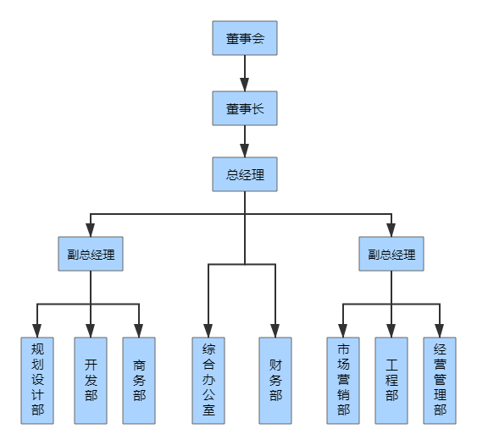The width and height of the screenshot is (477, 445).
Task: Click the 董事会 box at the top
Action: click(x=245, y=39)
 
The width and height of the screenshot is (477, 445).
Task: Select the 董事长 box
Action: click(x=245, y=108)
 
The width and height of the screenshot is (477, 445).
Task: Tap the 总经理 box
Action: click(x=245, y=175)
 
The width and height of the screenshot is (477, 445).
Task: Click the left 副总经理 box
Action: click(x=91, y=254)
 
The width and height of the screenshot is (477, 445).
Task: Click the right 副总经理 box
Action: click(x=391, y=254)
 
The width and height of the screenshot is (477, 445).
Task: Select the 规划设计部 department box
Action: click(x=37, y=381)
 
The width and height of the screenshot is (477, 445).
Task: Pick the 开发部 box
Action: click(x=91, y=381)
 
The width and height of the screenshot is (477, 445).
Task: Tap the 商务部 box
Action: click(x=139, y=381)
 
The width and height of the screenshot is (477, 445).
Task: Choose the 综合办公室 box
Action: click(x=208, y=381)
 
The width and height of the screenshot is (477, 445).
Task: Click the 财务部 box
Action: click(x=275, y=381)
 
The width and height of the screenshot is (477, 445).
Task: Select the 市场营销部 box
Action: click(x=343, y=381)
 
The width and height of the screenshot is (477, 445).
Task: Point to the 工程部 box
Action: click(x=391, y=381)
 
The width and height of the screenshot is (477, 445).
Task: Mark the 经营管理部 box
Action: click(x=440, y=381)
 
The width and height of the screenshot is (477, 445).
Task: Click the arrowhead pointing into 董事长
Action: click(x=245, y=85)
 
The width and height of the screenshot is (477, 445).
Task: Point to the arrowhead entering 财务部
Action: click(x=275, y=331)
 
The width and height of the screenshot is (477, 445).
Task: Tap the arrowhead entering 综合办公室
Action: click(x=208, y=331)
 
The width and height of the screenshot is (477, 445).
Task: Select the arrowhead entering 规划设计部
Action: click(x=37, y=331)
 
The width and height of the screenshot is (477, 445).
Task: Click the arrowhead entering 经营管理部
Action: click(x=440, y=331)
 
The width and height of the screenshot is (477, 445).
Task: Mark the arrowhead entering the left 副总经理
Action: click(x=91, y=230)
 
